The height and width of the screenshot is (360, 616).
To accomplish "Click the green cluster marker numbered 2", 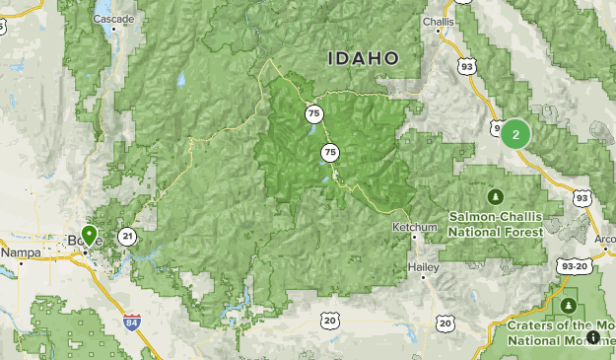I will tap(515, 133).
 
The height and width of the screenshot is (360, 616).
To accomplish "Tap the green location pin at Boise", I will tap(90, 235).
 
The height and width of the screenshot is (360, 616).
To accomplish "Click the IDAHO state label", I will tap(364, 58).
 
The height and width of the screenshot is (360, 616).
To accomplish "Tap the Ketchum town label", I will tap(414, 228).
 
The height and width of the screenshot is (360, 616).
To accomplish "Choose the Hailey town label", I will tap(422, 266).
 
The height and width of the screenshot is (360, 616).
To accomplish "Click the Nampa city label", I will tap(19, 252).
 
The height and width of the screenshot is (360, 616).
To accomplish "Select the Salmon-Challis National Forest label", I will tap(495, 224).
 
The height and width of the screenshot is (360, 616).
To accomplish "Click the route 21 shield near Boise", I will tap(127, 236).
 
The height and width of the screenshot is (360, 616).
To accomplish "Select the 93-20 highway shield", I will tap(571, 266).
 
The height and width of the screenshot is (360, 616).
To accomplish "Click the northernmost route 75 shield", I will tap(313, 113).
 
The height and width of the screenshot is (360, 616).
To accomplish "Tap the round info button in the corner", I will tap(592, 337).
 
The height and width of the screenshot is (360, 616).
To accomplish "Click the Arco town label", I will tap(603, 237).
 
